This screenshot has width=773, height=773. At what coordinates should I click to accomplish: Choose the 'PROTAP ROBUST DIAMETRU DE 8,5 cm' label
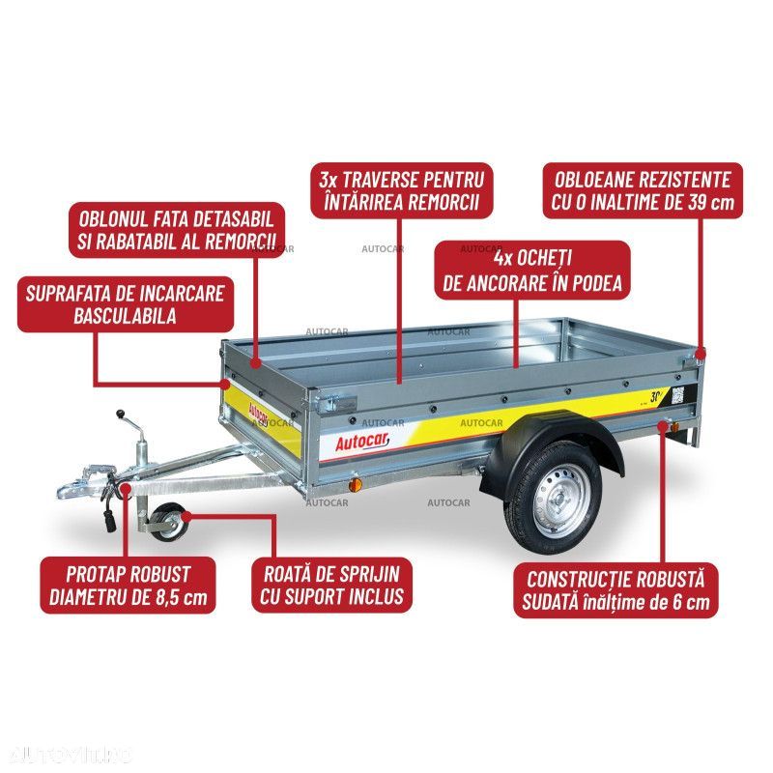coord(128,584)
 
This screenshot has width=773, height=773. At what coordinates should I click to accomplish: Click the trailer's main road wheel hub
coord(555,494)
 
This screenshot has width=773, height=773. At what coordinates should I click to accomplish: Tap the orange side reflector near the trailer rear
coord(663,426)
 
